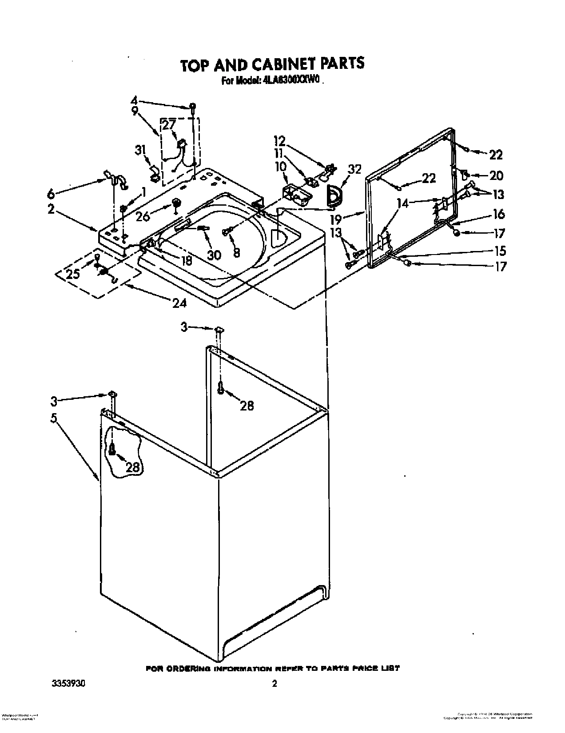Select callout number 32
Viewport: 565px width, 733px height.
pos(355,169)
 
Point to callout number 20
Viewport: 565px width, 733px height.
pos(496,176)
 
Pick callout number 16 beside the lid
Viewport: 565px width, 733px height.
pos(499,214)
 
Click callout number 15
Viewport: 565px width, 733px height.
pos(500,251)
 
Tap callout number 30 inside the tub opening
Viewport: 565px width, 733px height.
pos(214,255)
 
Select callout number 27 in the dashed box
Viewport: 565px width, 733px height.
pos(169,125)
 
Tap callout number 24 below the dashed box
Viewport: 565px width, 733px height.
pos(180,303)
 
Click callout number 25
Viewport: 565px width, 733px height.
pos(73,274)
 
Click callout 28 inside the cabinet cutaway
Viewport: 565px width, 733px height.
pos(133,467)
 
